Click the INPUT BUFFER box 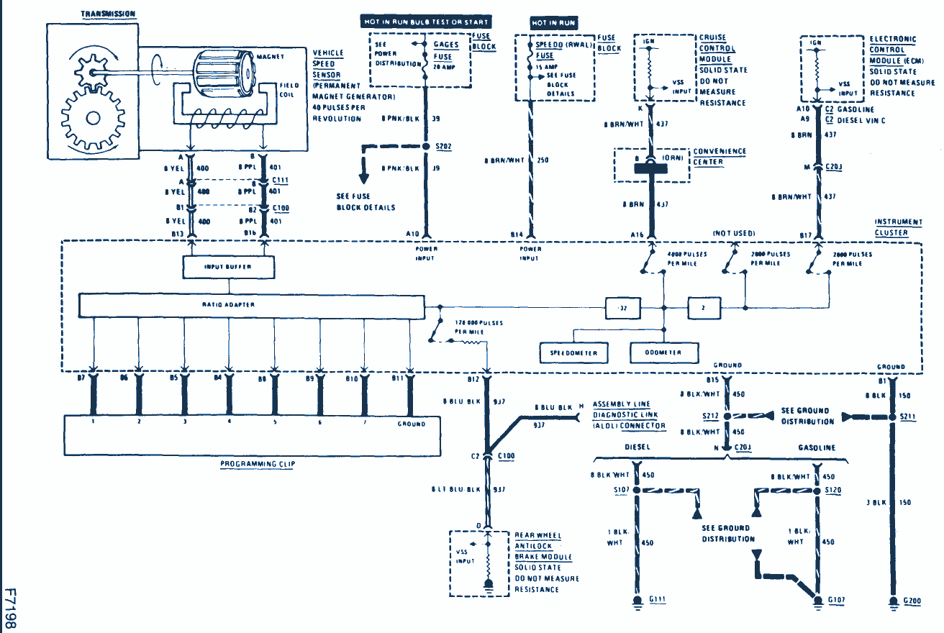coord(228,267)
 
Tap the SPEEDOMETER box coord(573,353)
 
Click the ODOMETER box coord(664,353)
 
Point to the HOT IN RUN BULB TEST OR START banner coord(426,22)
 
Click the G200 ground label coord(911,600)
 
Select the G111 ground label coord(657,600)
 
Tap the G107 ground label coord(837,600)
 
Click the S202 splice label coord(444,146)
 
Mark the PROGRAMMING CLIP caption coord(258,465)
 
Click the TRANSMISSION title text coord(108,14)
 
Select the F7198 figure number coord(10,608)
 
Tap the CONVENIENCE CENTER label coord(719,157)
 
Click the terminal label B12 coord(472,378)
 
